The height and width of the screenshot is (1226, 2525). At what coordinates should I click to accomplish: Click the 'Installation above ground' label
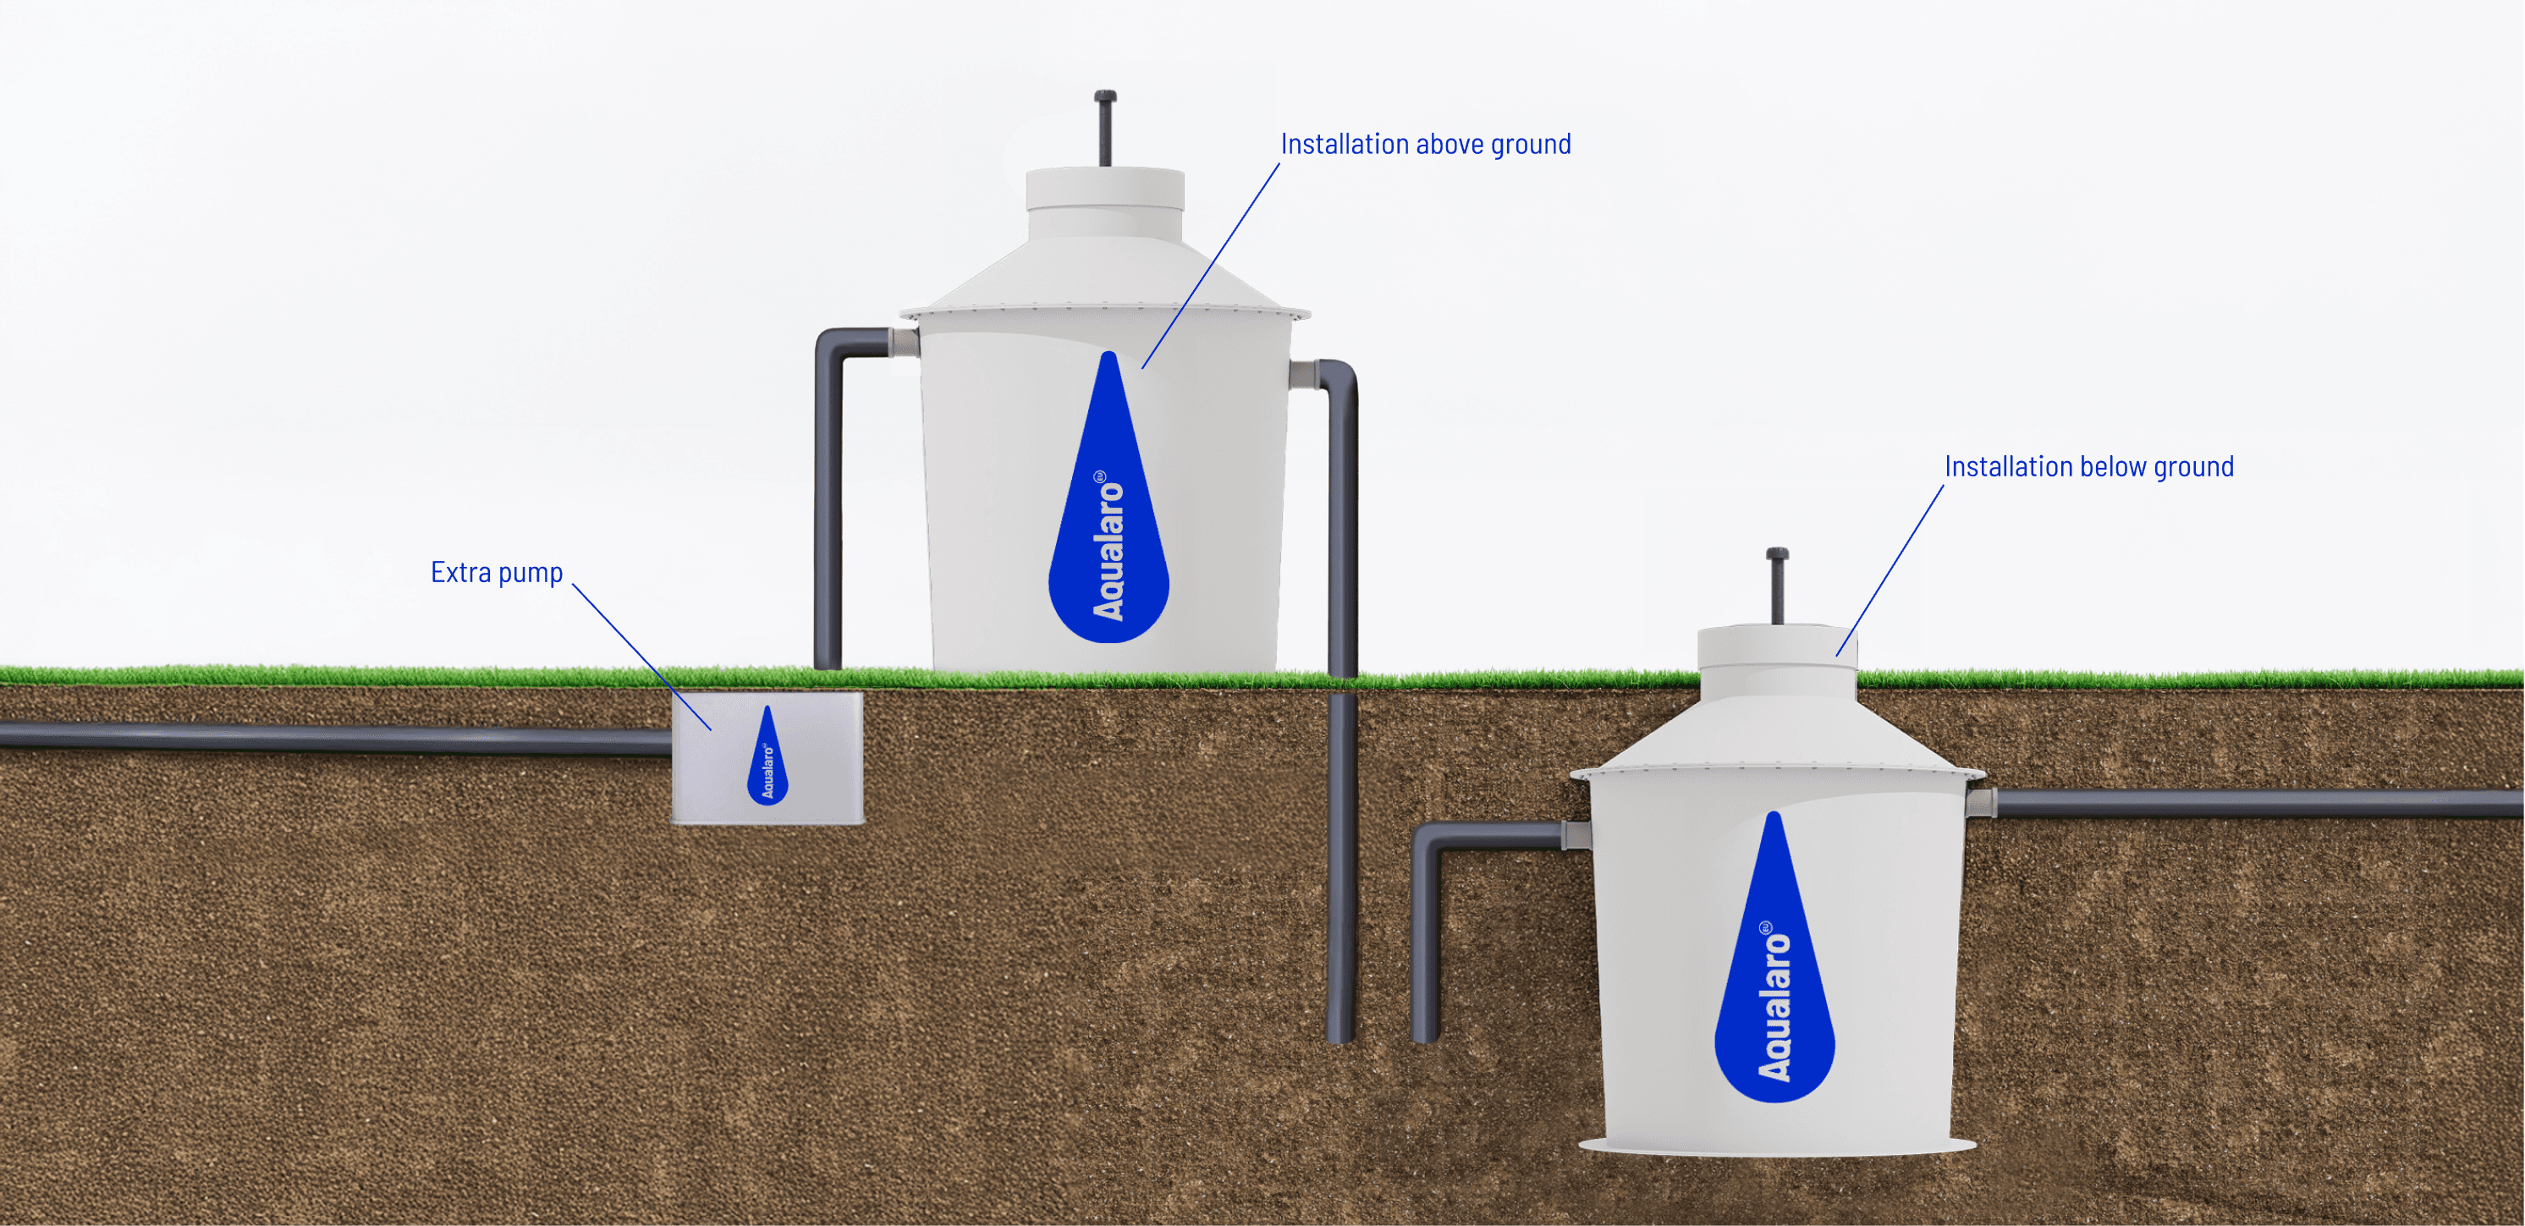pyautogui.click(x=1425, y=144)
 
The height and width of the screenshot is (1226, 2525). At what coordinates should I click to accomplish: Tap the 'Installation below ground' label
pyautogui.click(x=2089, y=466)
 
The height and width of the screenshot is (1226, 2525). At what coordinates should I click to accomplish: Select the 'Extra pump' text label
pyautogui.click(x=497, y=572)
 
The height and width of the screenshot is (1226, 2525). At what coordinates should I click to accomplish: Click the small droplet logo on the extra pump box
pyautogui.click(x=767, y=759)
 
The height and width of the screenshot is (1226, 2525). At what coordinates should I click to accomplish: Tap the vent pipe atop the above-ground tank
pyautogui.click(x=1106, y=128)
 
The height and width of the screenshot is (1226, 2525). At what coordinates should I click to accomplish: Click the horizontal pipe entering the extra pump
pyautogui.click(x=333, y=738)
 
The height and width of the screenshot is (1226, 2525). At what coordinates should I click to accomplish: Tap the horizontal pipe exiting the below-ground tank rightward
pyautogui.click(x=2254, y=803)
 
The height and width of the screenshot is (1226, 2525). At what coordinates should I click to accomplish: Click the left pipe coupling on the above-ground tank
pyautogui.click(x=903, y=343)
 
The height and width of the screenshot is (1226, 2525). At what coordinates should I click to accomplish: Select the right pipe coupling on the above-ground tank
pyautogui.click(x=1302, y=374)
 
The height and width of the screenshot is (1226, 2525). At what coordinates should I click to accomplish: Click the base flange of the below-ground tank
pyautogui.click(x=1776, y=1146)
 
